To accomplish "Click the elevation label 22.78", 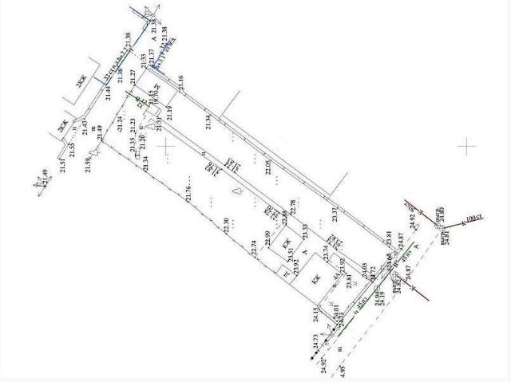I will click(x=293, y=208).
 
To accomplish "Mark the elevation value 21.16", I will click(x=181, y=81).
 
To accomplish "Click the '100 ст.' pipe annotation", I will click(x=474, y=217).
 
